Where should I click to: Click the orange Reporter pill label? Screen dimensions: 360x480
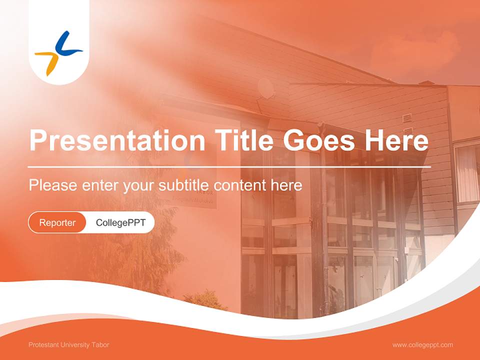point(57,222)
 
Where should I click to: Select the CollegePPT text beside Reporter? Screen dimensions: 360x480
point(120,222)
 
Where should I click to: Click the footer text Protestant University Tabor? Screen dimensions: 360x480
point(68,345)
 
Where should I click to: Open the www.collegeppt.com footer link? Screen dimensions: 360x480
point(422,345)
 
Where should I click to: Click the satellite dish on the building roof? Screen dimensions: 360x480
point(265,88)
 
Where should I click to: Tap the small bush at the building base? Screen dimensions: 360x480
point(205,300)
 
